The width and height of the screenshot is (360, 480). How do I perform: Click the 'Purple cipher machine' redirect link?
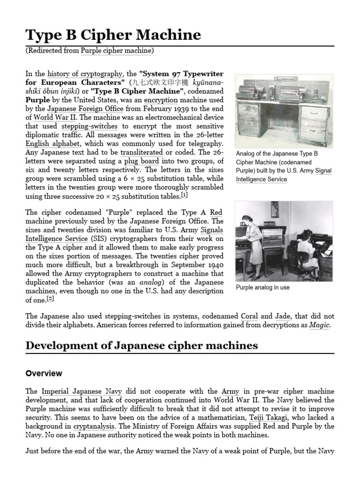point(117,51)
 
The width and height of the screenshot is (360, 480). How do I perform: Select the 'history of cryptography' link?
point(85,74)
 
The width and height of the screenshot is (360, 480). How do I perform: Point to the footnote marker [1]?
point(184,195)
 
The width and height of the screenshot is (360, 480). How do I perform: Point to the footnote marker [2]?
point(51,299)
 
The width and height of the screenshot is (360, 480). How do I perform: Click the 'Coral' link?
point(249,316)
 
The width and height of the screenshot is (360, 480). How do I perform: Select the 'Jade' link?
point(283,316)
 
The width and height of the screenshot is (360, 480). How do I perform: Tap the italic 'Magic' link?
point(320,325)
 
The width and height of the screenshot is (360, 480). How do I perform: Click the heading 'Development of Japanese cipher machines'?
point(142,346)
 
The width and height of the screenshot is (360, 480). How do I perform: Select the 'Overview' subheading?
point(44,374)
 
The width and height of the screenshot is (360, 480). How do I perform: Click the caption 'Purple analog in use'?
point(262,287)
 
